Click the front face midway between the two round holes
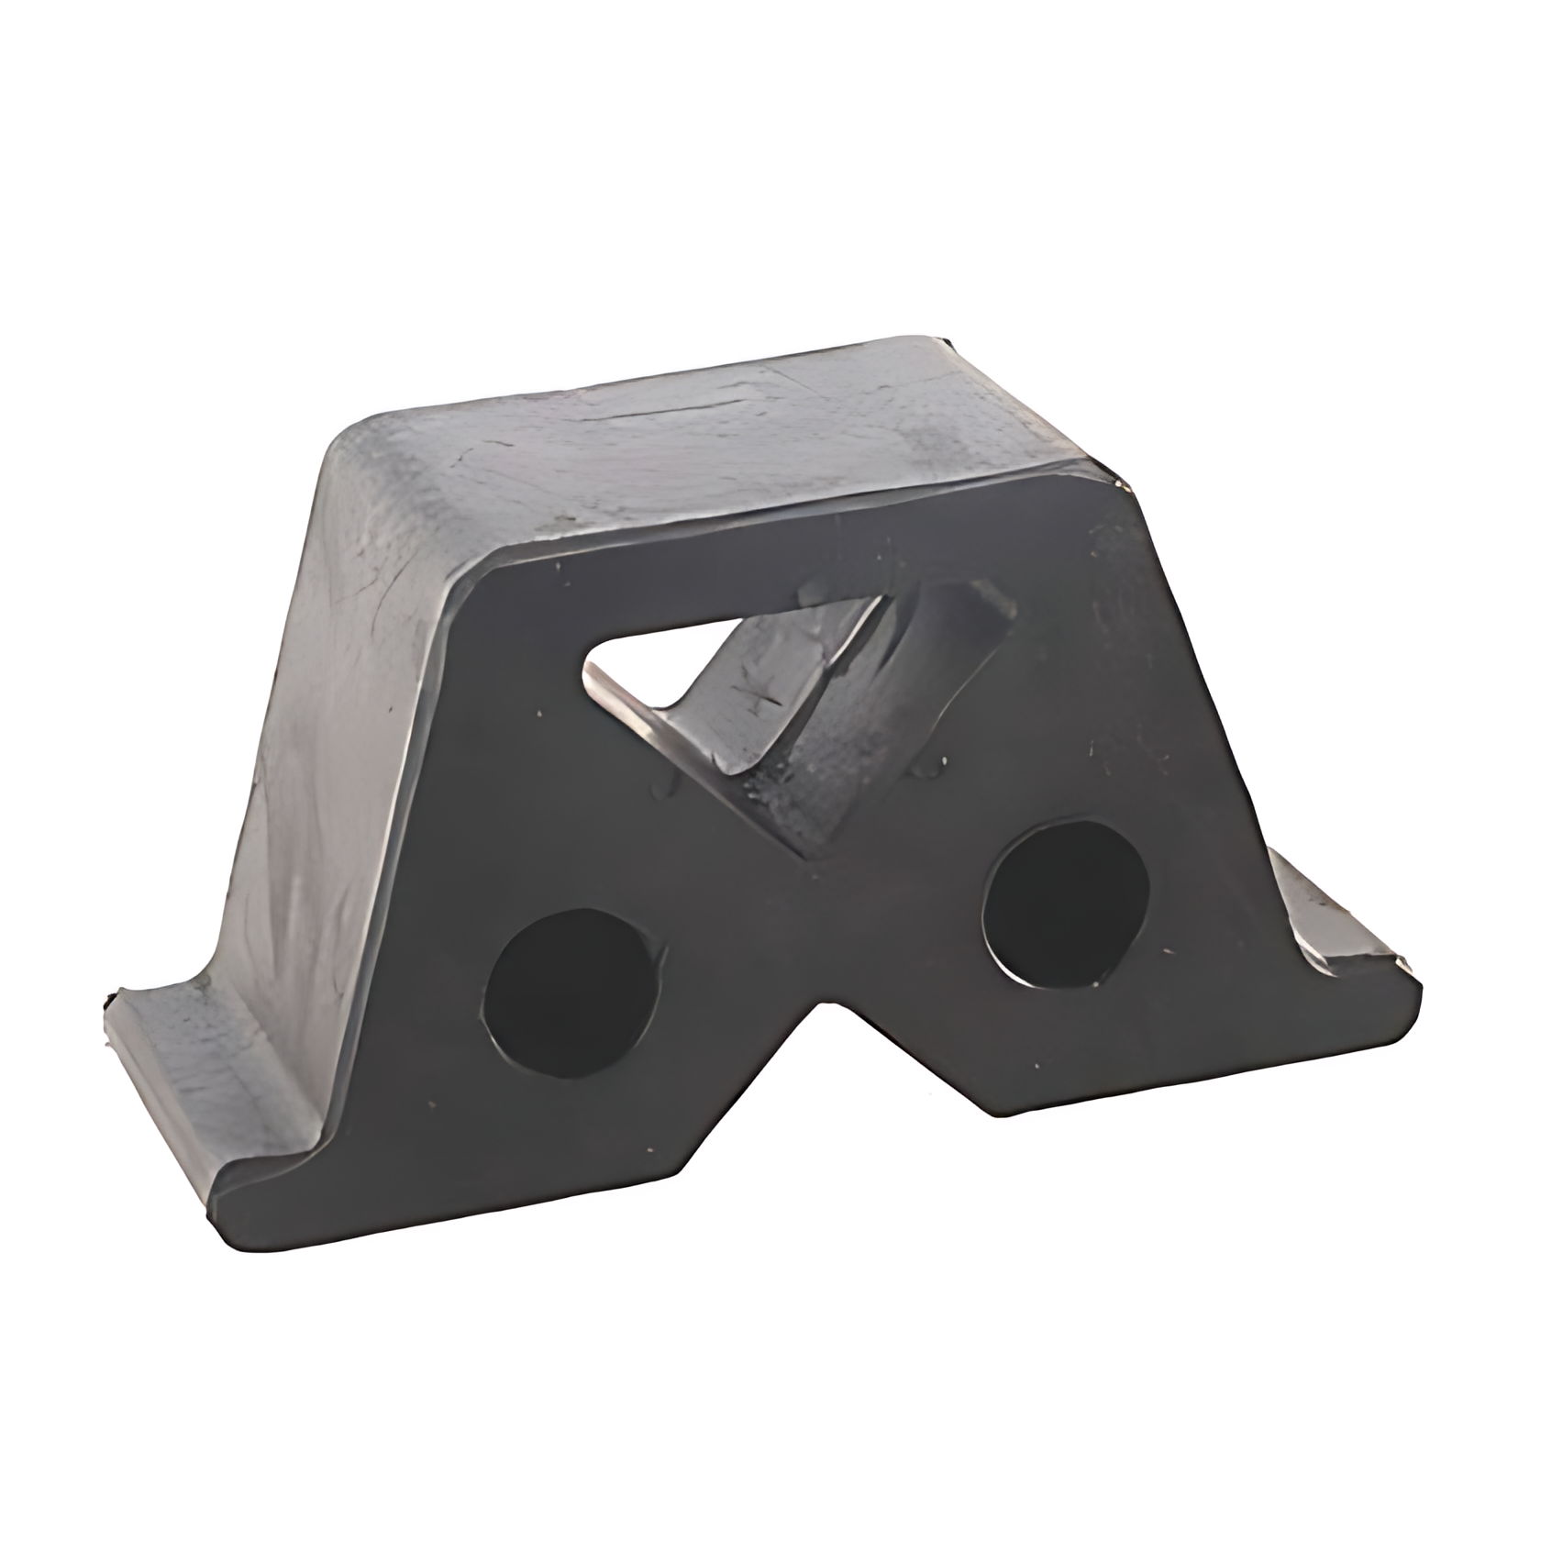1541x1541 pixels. point(816,936)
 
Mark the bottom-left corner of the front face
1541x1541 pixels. point(225,1202)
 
